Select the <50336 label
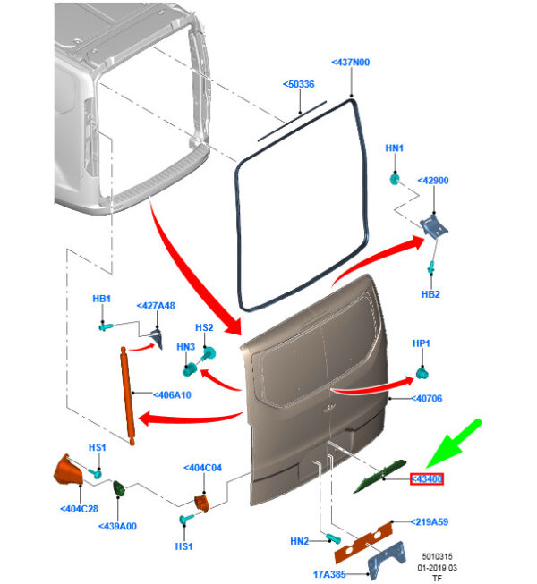[x=298, y=84]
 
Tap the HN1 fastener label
[x=395, y=148]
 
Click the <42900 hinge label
[x=432, y=181]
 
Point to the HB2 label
[x=430, y=292]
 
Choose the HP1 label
[x=421, y=343]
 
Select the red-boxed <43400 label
[x=428, y=479]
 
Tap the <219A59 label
[x=430, y=521]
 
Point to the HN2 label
[x=301, y=541]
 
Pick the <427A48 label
[x=155, y=305]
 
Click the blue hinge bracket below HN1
[x=434, y=224]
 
